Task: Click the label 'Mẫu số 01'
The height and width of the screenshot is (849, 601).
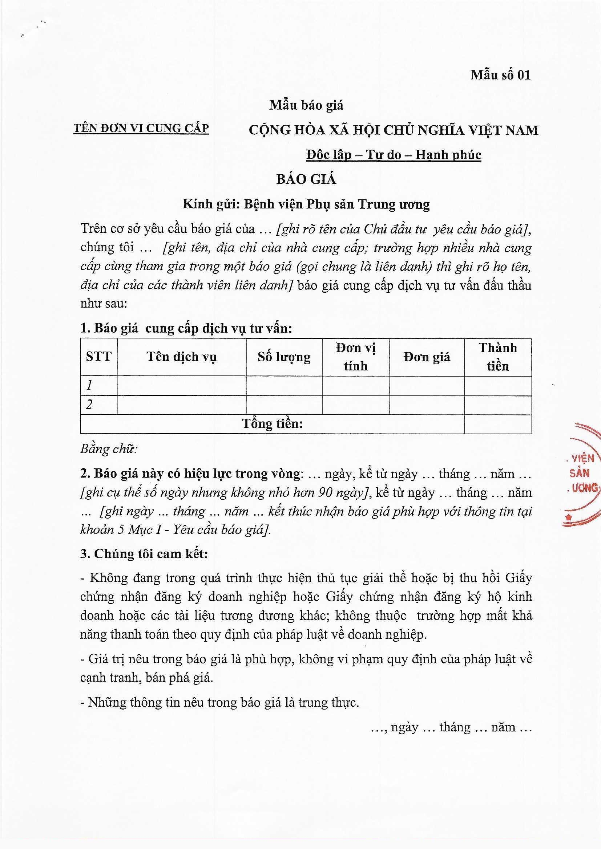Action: (500, 75)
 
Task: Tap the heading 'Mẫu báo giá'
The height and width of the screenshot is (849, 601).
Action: (306, 105)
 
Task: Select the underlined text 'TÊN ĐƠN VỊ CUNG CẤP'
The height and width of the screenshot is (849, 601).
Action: (141, 128)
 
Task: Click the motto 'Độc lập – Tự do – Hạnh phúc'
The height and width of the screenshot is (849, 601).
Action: (394, 155)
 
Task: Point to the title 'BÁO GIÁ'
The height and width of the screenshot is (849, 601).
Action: (306, 179)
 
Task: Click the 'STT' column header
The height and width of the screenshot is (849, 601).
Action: (98, 357)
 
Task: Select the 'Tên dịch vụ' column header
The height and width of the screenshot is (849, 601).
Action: (181, 357)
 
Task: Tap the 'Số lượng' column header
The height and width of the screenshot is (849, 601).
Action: (284, 357)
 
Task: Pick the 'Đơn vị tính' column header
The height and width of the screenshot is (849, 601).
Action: (356, 357)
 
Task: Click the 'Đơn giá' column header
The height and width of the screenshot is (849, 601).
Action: (427, 357)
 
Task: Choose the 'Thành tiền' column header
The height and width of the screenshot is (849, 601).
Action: (498, 357)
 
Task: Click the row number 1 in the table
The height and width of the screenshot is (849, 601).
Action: (89, 386)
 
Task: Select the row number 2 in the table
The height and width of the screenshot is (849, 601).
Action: (89, 405)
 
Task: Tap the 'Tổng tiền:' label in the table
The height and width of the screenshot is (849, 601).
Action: (273, 423)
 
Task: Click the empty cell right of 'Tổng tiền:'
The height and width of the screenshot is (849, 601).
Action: (498, 424)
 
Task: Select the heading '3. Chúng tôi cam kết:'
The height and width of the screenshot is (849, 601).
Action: (144, 553)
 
